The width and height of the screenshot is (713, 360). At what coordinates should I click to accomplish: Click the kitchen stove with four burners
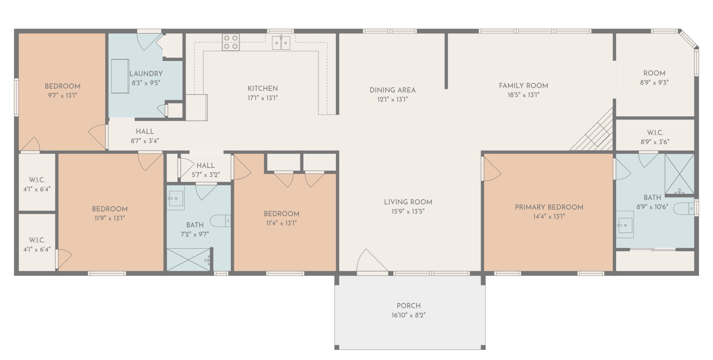coord(231,42)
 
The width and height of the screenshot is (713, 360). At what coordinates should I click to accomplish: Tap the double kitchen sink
coord(281,43)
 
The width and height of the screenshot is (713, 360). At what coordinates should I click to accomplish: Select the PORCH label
coord(409,306)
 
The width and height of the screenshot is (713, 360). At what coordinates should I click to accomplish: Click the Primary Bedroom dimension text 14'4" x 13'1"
coord(549,216)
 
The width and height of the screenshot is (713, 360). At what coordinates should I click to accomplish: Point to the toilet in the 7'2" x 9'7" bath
coord(220,221)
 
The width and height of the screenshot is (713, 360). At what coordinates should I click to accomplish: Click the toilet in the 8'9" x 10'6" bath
coord(685,209)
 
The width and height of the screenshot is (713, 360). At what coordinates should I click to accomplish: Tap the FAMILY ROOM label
coord(524,86)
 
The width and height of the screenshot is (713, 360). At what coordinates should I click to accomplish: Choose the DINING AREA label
coord(393,90)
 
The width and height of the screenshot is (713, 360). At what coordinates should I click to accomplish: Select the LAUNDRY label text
coord(146,74)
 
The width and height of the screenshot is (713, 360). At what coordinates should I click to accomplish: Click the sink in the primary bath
coord(625,224)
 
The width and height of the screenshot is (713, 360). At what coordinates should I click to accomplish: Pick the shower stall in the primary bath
coord(679,174)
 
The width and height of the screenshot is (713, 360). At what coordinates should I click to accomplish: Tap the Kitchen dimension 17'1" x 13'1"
coord(263,98)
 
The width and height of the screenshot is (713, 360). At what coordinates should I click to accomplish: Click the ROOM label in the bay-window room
coord(654,73)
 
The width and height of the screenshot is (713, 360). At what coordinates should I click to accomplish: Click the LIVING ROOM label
coord(408,202)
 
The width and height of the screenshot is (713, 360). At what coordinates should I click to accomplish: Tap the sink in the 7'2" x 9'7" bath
coord(176,198)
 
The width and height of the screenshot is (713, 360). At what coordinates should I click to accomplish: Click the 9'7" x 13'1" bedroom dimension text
coord(62,95)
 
